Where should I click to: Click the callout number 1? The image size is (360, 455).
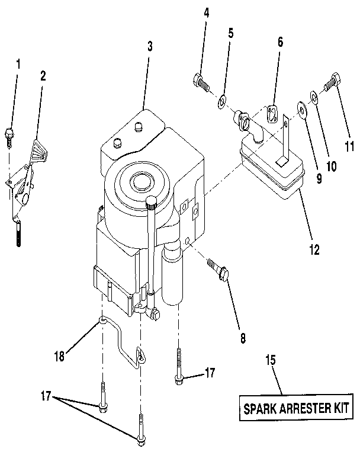coord(18,64)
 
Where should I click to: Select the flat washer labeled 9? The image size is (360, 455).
coord(303,108)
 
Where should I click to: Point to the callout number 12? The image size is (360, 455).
coord(313,249)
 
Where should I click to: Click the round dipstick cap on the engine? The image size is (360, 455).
coord(151,202)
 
